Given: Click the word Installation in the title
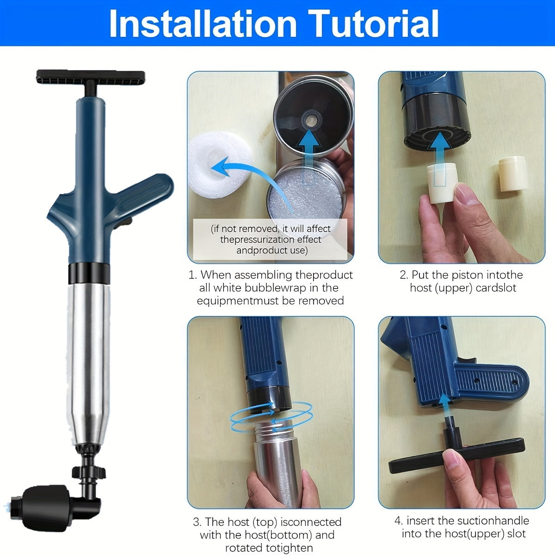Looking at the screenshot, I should pyautogui.click(x=203, y=24).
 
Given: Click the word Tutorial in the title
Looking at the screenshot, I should pyautogui.click(x=374, y=24).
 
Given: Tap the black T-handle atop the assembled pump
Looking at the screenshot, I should pyautogui.click(x=91, y=76).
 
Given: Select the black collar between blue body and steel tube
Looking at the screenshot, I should pyautogui.click(x=89, y=273).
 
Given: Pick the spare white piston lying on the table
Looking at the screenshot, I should pyautogui.click(x=512, y=173).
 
